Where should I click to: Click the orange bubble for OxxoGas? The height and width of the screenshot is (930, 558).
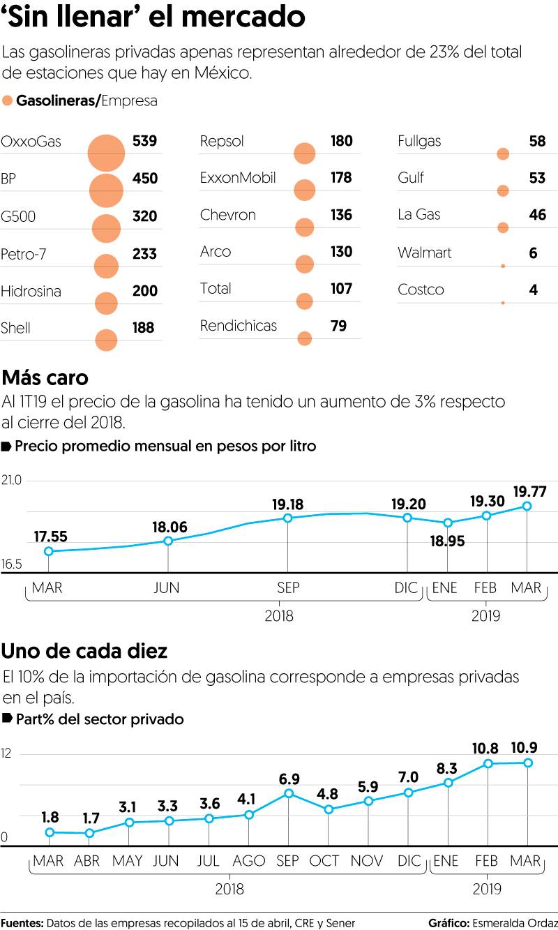106,153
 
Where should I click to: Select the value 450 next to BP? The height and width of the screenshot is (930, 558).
145,179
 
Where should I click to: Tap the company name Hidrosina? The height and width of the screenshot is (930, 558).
31,291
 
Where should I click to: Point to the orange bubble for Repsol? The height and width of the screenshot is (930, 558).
305,153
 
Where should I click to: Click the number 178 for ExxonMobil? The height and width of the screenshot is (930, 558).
341,178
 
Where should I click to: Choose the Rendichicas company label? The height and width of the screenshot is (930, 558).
239,326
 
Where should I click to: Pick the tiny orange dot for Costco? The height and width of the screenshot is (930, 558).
503,303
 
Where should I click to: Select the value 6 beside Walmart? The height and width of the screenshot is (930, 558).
534,253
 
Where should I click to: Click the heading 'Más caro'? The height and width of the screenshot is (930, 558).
45,378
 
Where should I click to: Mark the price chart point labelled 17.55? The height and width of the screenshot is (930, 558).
49,551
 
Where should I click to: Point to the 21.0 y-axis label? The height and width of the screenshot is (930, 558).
13,481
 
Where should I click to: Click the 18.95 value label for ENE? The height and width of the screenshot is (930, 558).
448,541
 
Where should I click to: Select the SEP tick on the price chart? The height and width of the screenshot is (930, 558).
288,588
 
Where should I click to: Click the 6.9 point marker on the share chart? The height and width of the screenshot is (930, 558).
289,793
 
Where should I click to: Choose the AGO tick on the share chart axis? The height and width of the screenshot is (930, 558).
249,862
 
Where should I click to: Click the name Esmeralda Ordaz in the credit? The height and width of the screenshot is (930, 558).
515,923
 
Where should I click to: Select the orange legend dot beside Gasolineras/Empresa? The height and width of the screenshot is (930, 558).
8,101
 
